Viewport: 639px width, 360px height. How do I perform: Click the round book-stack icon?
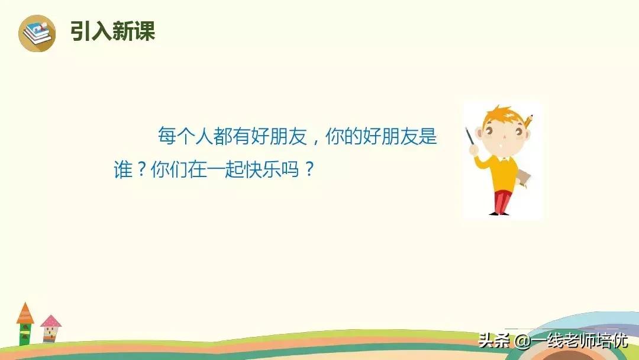37,33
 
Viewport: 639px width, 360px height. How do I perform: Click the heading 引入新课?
113,31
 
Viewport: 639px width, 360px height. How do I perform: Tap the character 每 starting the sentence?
167,136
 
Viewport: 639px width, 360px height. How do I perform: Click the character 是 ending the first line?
428,136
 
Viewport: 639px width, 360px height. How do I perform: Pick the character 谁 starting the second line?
123,169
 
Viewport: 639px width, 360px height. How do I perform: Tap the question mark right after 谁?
141,169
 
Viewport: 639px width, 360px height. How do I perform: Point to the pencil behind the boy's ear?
528,121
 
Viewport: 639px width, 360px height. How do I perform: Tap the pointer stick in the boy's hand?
470,136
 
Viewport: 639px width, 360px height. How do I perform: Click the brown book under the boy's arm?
524,179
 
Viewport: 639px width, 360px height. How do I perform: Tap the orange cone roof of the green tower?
25,313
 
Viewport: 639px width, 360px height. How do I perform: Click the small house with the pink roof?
50,329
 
